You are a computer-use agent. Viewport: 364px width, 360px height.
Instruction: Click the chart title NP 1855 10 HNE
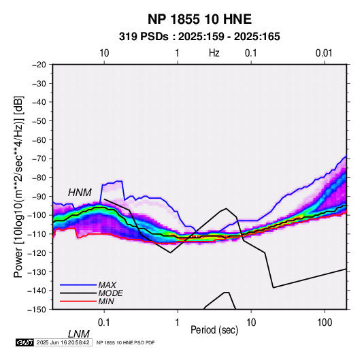[x=199, y=19]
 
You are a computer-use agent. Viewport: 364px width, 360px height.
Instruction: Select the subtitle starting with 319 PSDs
[x=199, y=37]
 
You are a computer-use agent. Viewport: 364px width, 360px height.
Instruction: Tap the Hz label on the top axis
[x=214, y=53]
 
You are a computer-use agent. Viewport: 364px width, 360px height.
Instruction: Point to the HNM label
[x=80, y=193]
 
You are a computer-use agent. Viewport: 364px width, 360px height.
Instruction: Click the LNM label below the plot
[x=78, y=334]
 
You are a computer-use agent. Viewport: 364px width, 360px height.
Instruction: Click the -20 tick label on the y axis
[x=39, y=65]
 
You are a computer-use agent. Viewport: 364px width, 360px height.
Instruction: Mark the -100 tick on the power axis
[x=37, y=215]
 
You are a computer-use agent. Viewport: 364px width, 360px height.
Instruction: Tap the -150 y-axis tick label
[x=37, y=310]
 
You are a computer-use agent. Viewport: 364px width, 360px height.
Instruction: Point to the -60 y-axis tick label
[x=39, y=140]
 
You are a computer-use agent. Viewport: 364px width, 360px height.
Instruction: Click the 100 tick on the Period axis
[x=325, y=323]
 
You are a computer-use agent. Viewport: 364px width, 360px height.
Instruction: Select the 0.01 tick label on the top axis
[x=324, y=53]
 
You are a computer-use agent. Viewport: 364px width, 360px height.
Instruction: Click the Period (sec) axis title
[x=214, y=330]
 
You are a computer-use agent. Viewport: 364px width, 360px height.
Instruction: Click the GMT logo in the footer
[x=25, y=342]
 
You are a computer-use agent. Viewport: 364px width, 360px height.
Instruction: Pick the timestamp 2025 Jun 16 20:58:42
[x=63, y=342]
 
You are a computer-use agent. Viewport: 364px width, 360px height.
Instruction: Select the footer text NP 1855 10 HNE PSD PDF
[x=125, y=342]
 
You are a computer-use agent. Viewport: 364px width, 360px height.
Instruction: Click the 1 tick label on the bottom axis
[x=178, y=323]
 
